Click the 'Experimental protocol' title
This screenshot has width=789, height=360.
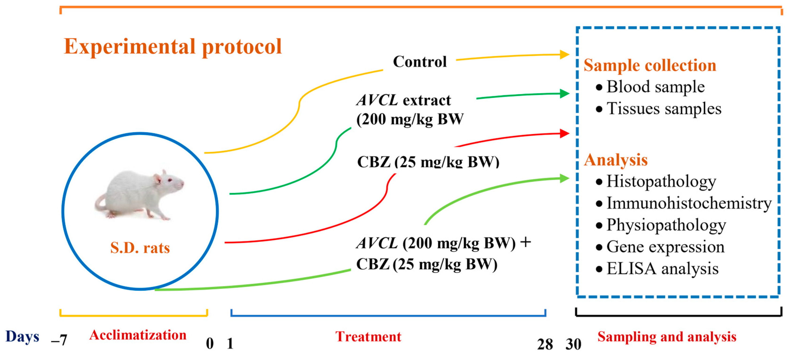172,46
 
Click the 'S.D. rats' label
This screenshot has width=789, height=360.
140,248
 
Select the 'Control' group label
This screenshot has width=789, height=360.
420,62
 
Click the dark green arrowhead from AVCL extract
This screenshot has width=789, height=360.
564,93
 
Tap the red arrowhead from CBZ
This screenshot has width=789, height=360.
564,134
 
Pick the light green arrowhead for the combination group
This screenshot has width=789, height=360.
564,178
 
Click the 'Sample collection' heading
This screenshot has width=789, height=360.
650,66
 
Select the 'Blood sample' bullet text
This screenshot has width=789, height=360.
655,87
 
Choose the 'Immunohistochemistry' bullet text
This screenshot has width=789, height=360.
689,203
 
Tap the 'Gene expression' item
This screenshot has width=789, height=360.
665,247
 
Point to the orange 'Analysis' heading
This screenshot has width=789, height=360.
616,160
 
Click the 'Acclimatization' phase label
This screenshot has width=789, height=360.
138,335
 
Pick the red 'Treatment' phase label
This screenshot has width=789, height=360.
368,337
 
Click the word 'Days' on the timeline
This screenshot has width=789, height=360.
22,337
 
